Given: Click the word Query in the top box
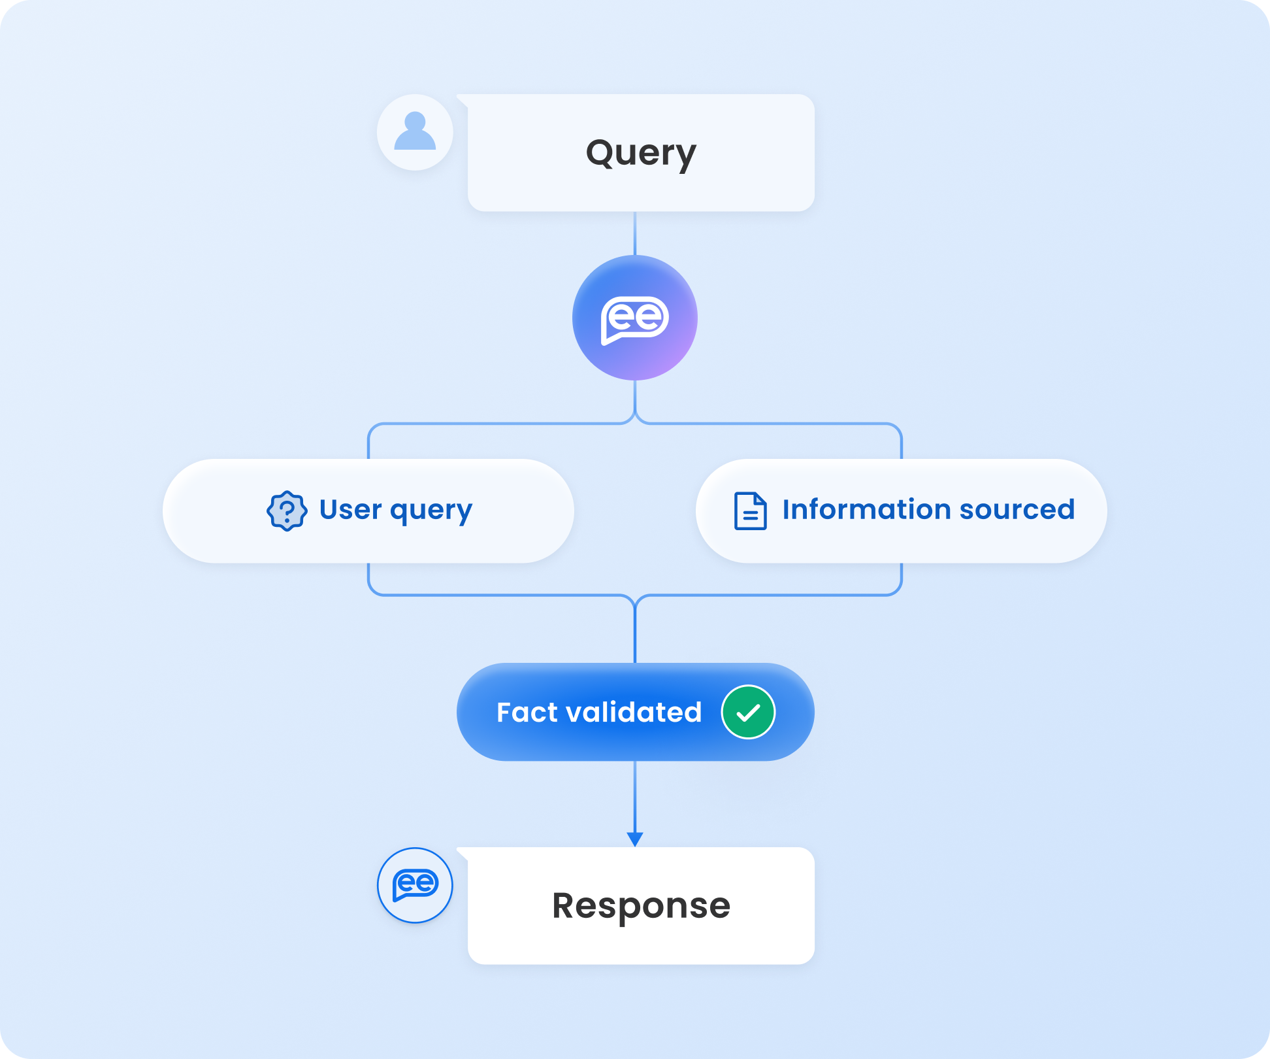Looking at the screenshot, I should (x=641, y=153).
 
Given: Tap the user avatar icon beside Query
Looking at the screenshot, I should (x=415, y=132).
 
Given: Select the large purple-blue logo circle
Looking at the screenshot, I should (x=634, y=318).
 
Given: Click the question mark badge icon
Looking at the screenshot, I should (x=287, y=511).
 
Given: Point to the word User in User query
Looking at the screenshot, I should (x=350, y=509).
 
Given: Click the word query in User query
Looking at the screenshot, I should (x=431, y=511).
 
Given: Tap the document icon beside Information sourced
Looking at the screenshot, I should (x=750, y=511).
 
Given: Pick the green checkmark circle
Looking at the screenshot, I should (x=748, y=712).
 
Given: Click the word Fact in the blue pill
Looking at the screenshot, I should (x=527, y=712).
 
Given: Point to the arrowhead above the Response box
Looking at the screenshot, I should (x=635, y=839).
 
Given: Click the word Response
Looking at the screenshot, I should (x=641, y=906).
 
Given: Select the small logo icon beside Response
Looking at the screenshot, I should (x=415, y=885).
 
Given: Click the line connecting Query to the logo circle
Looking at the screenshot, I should (x=635, y=233).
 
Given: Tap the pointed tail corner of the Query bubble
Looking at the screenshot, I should (x=461, y=99).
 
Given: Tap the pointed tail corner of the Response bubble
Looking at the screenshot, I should (x=461, y=852).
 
